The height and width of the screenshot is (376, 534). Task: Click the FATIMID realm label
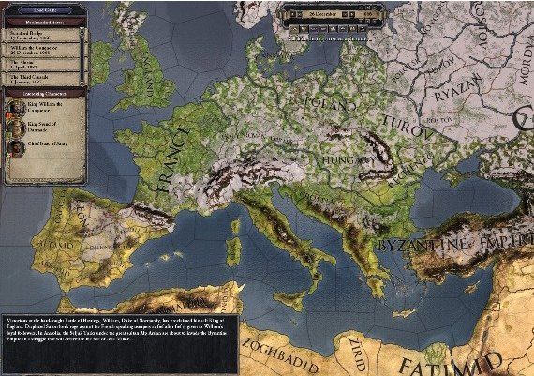(459, 360)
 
